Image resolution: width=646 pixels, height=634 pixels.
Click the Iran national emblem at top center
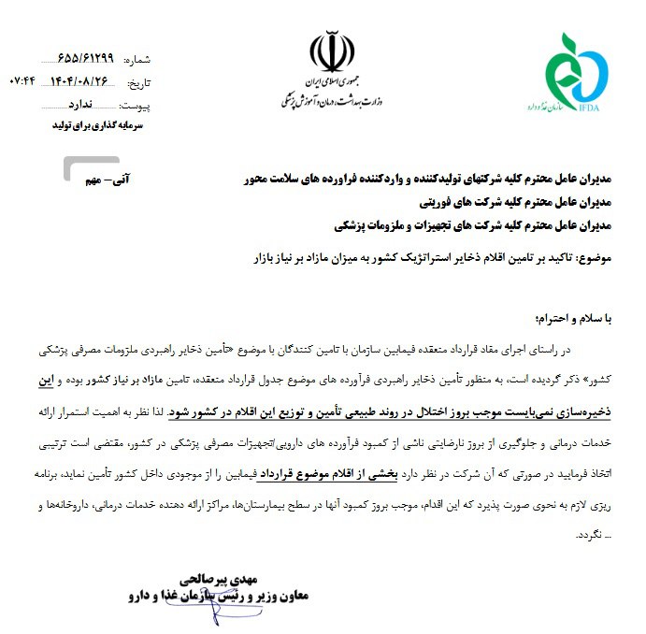[x=326, y=52]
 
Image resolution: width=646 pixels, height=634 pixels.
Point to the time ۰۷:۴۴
[x=22, y=81]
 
